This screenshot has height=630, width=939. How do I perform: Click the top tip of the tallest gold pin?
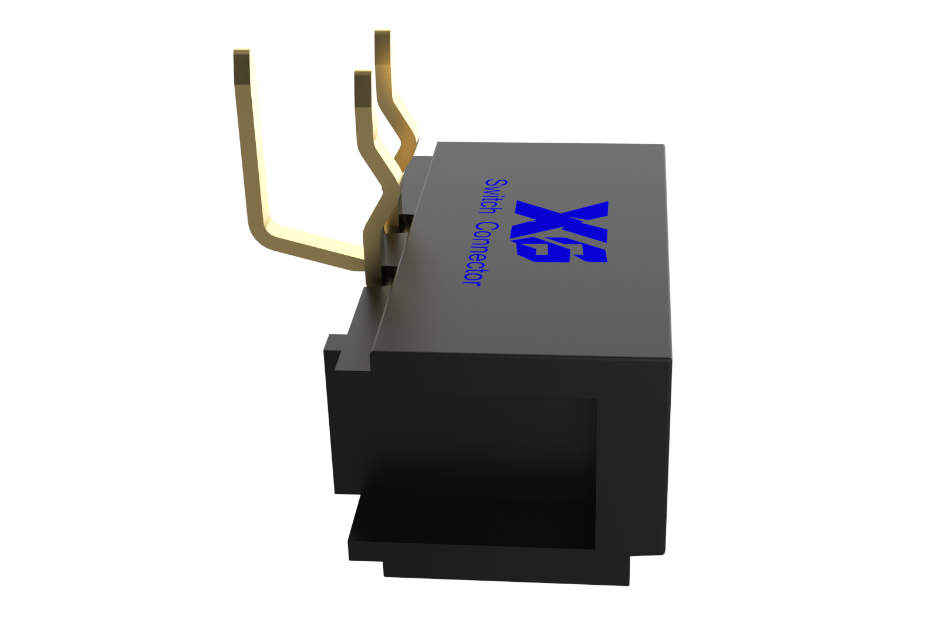[382, 32]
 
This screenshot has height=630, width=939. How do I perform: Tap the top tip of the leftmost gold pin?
[241, 51]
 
